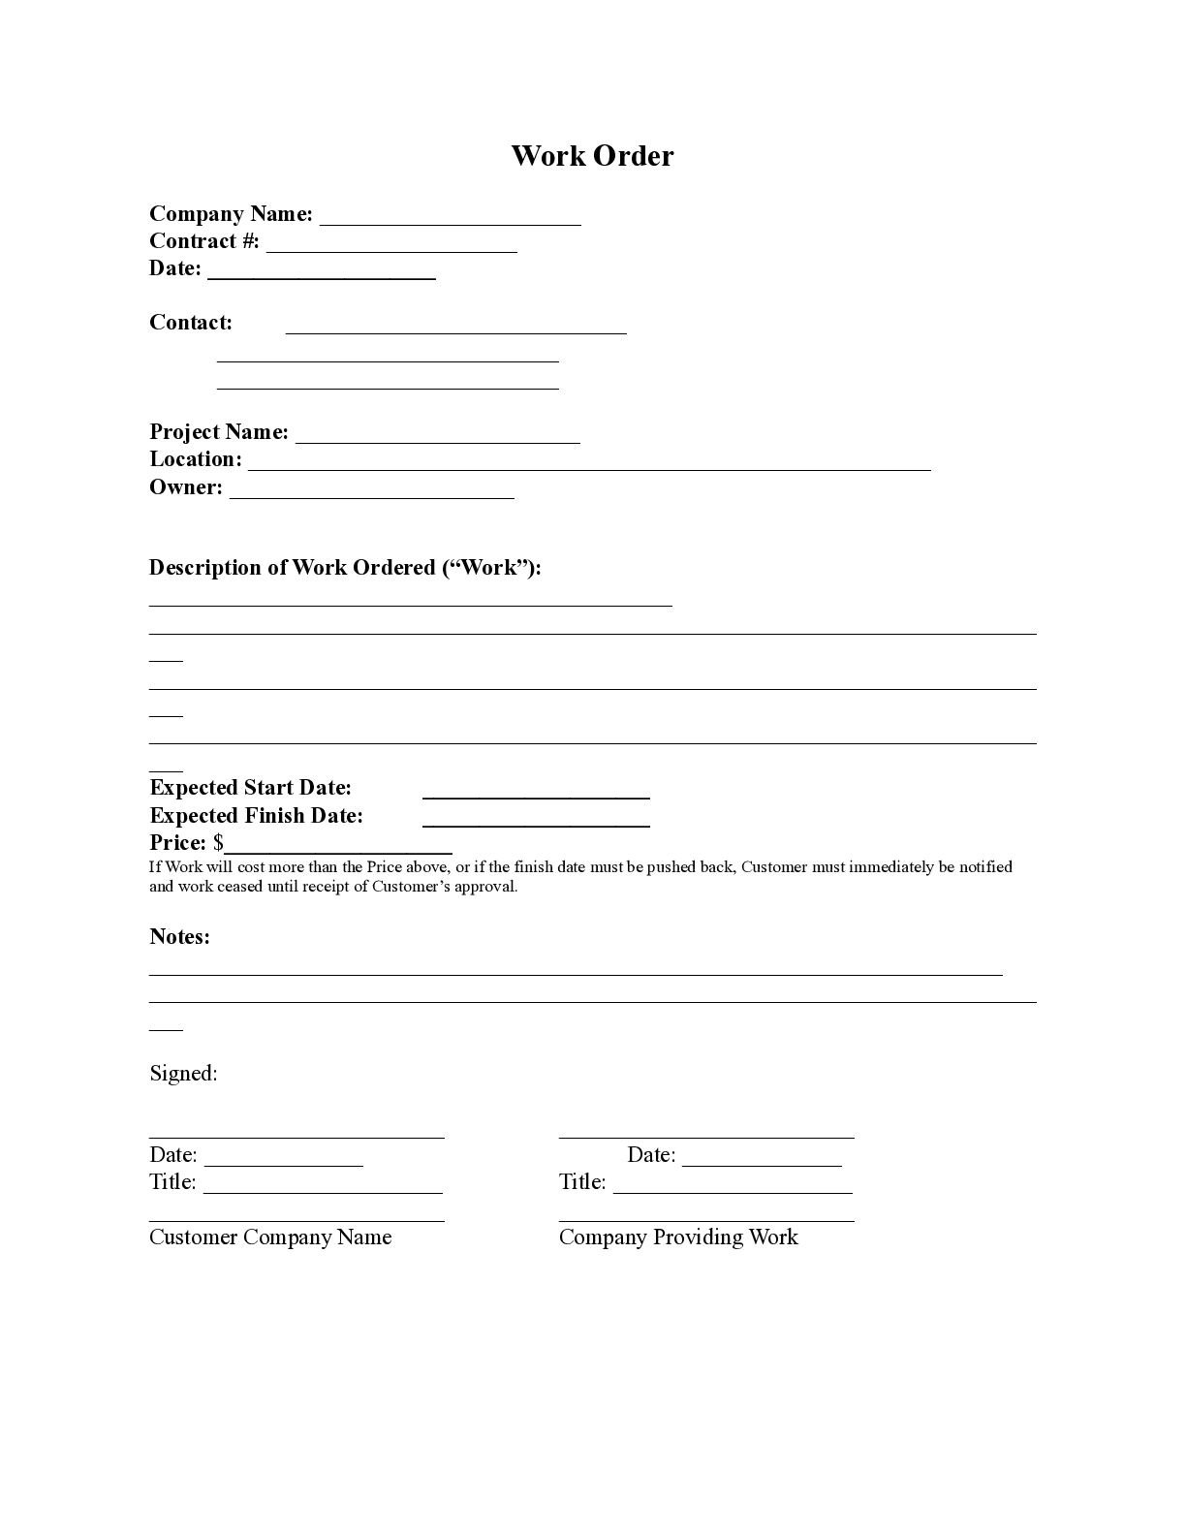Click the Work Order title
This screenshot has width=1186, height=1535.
click(592, 156)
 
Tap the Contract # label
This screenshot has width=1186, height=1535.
click(204, 241)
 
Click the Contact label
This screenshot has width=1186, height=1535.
click(191, 323)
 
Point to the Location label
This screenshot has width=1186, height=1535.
click(196, 459)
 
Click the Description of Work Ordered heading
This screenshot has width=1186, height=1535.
click(345, 568)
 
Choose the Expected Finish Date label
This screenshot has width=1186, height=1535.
click(257, 816)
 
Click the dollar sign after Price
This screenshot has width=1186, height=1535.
click(219, 843)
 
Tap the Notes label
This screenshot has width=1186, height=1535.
click(179, 937)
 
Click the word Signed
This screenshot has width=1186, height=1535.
click(183, 1074)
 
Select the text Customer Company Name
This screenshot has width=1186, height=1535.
click(270, 1237)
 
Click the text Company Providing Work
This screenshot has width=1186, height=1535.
click(678, 1237)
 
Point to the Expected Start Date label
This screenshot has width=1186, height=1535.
click(251, 788)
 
